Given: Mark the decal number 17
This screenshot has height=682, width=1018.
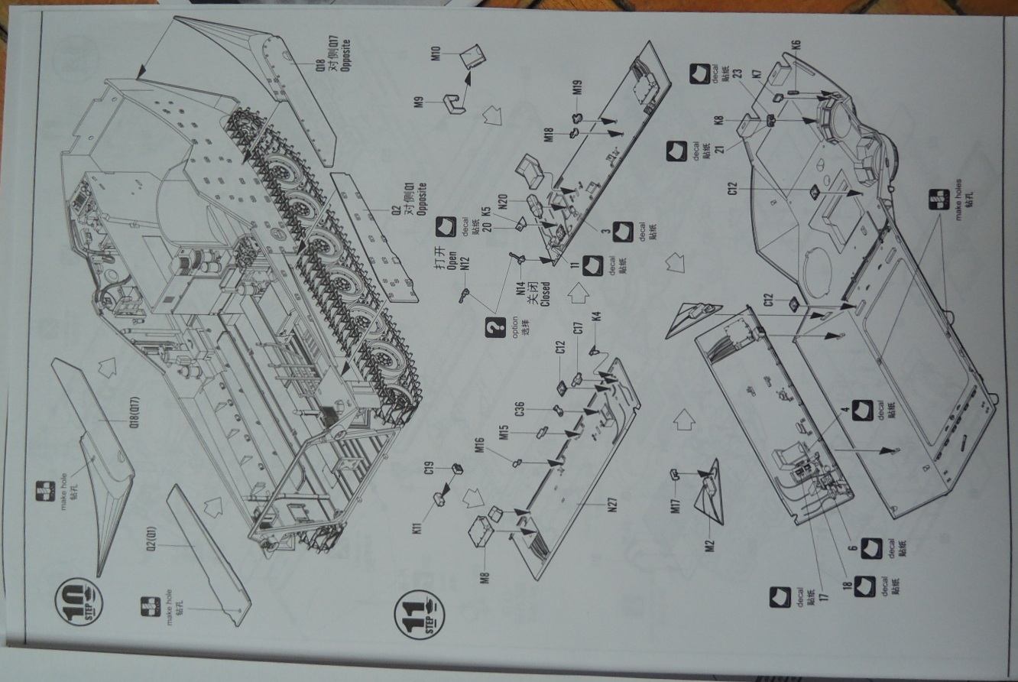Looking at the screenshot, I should [803, 596].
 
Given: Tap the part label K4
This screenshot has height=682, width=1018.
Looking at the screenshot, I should [596, 315].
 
